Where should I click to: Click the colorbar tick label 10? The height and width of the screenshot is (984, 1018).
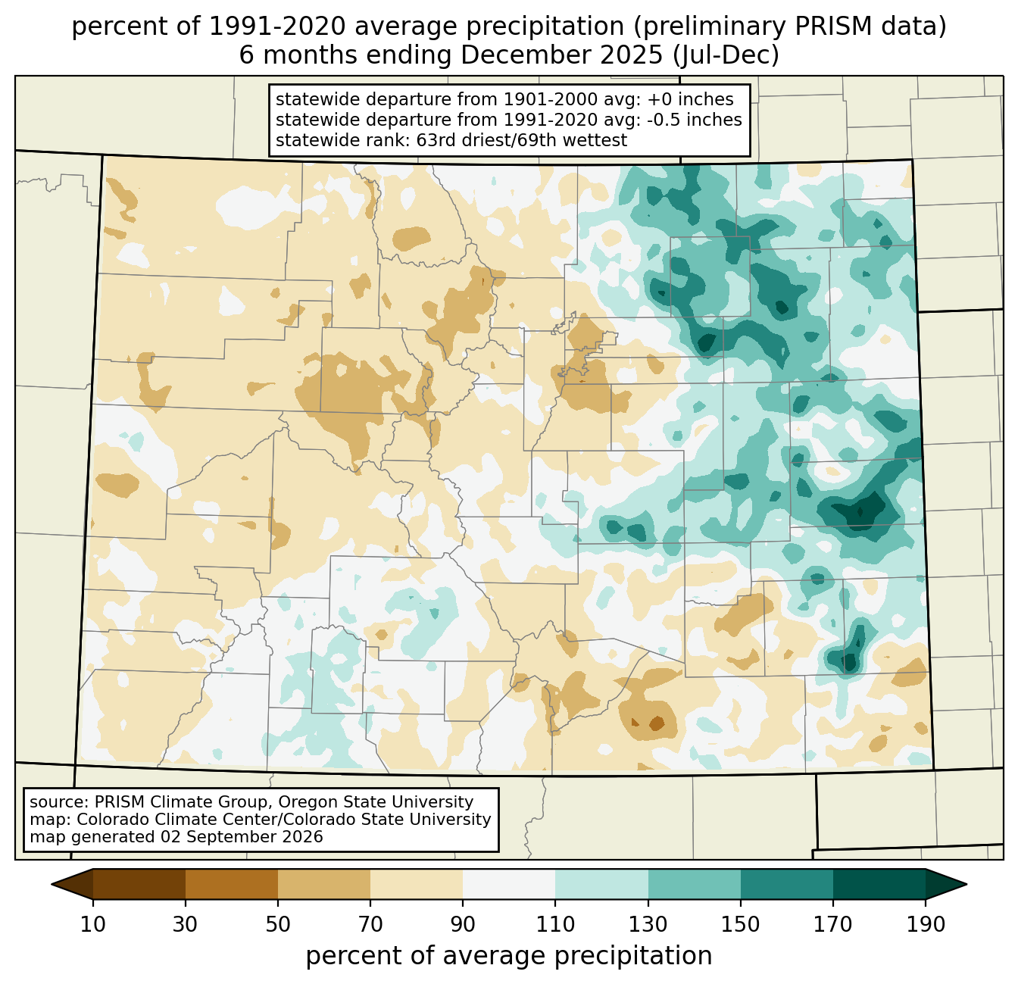92,925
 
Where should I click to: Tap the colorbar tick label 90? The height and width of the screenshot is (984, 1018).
463,925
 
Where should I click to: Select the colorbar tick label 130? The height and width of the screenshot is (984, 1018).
648,925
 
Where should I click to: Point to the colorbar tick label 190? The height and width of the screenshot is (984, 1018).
926,925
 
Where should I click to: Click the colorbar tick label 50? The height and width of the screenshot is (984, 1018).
278,925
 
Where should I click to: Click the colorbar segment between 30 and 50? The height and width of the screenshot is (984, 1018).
232,885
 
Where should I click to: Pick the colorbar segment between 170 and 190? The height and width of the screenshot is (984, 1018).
879,885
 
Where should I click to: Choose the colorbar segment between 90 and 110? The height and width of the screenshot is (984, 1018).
509,885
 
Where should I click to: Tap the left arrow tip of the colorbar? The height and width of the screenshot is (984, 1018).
52,885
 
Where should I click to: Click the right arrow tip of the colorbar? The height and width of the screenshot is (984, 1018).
966,885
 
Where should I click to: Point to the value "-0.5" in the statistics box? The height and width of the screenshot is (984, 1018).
664,120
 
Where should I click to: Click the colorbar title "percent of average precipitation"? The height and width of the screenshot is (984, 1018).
509,955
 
